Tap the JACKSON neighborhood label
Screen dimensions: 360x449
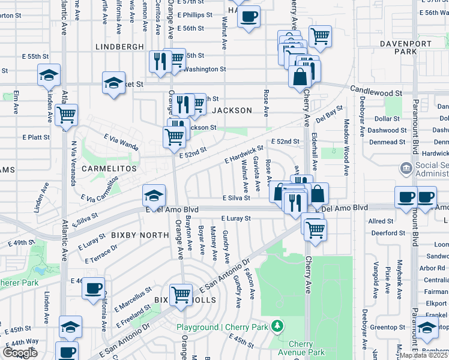coord(232,110)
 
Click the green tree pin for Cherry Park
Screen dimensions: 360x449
coord(277,326)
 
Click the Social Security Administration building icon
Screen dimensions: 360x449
coord(406,168)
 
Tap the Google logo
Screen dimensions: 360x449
coord(20,353)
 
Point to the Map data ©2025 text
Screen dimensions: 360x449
coord(424,355)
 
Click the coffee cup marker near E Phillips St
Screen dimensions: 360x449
coord(249,17)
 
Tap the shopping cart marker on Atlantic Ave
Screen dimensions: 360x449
coord(67,114)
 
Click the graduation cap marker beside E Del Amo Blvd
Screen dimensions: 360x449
coord(153,196)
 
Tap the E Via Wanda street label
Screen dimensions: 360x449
coord(121,142)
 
